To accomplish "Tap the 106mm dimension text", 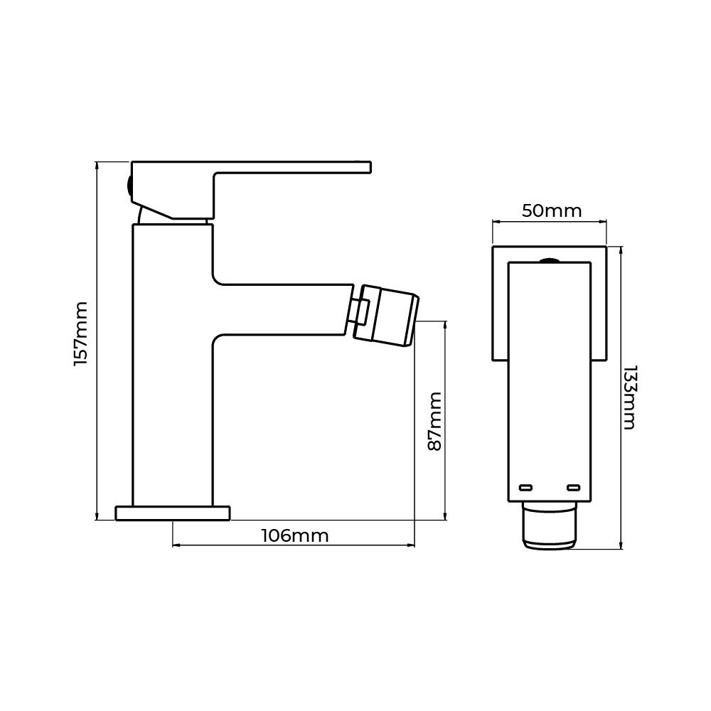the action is click(295, 536).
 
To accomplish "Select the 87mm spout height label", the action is click(435, 422).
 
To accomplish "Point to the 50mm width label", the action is click(552, 211).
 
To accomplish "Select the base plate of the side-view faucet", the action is click(173, 513).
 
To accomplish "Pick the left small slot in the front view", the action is click(525, 488).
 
